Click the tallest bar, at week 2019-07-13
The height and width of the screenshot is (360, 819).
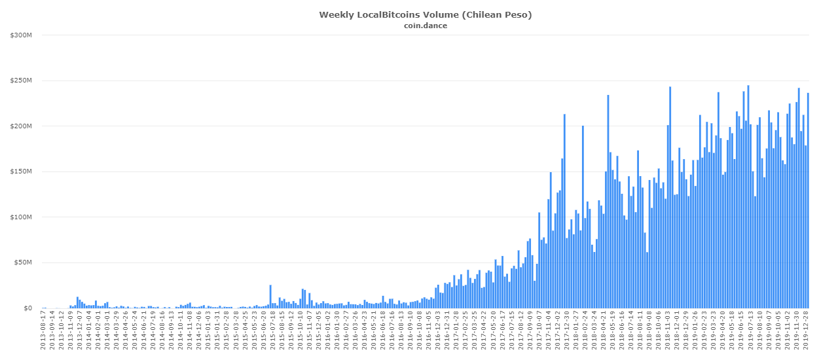pyautogui.click(x=748, y=196)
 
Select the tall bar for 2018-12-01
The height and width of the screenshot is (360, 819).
pyautogui.click(x=670, y=197)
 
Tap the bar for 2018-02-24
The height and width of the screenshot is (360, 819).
pyautogui.click(x=583, y=217)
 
